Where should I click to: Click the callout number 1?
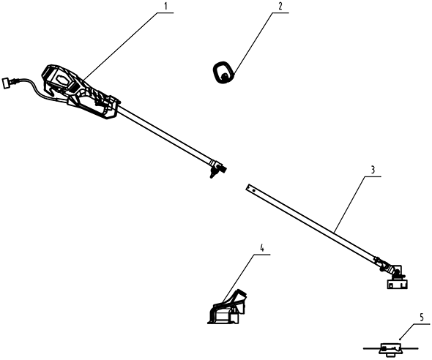click(x=165, y=6)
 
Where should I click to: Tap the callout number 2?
click(x=280, y=6)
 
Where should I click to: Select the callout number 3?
click(x=373, y=170)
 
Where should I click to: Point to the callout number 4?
click(x=261, y=249)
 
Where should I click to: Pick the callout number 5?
click(x=422, y=318)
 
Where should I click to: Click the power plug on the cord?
click(x=7, y=82)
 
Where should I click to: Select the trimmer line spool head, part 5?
click(x=390, y=350)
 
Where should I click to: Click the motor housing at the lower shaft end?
click(x=397, y=284)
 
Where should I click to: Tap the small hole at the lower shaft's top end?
click(x=253, y=190)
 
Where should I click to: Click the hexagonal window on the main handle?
click(x=62, y=80)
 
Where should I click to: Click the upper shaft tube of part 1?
click(x=165, y=135)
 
